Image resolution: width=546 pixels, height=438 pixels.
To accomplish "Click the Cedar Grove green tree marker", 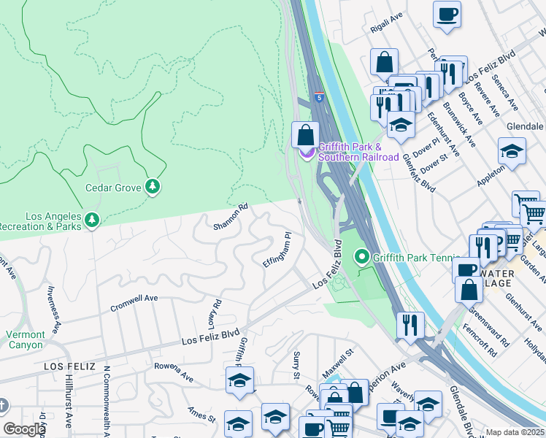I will (x=152, y=188).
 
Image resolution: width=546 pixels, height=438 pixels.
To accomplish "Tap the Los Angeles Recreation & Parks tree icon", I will (x=91, y=220).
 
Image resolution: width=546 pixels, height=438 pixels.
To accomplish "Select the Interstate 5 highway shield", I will (x=320, y=96).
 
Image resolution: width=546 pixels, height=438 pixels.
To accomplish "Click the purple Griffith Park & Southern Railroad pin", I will (x=306, y=152).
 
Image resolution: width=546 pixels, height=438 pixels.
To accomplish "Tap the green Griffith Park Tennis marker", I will (x=361, y=257).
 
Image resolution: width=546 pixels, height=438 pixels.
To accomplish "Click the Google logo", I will (x=24, y=429).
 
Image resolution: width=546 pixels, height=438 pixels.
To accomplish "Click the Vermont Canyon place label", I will (x=26, y=339).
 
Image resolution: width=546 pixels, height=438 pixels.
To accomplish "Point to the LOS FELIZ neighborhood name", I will (x=69, y=366).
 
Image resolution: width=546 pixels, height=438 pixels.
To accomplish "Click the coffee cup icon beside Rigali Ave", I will (x=447, y=14).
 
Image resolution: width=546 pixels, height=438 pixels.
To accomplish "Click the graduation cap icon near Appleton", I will (x=512, y=152).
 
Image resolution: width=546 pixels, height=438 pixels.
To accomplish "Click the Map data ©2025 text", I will (x=515, y=432).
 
